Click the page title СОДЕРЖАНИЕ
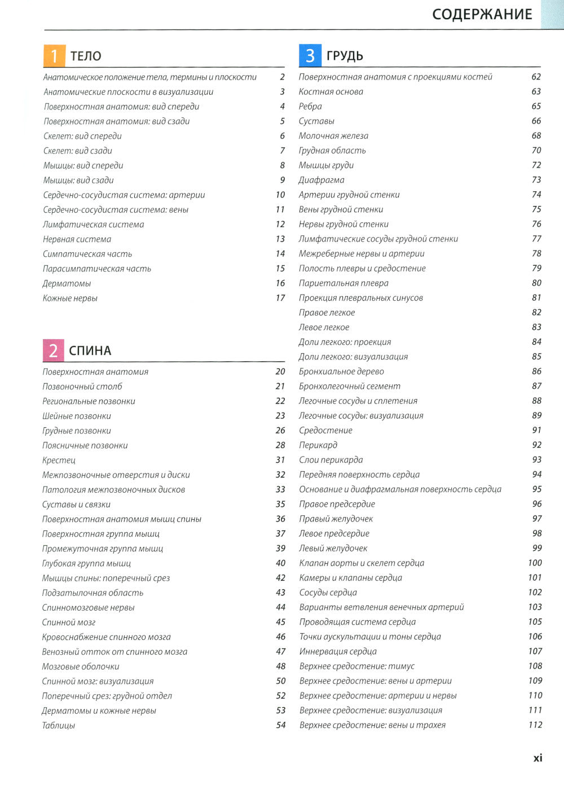482,14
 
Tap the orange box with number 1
54,55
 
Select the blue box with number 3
310,55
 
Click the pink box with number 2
53,350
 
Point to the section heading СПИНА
90,350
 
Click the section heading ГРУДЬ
345,56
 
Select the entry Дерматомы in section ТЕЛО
67,283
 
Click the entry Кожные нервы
70,298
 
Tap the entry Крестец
59,460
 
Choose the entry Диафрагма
321,180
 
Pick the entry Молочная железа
333,135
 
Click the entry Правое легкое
327,313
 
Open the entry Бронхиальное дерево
341,371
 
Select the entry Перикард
318,445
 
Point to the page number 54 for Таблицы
281,725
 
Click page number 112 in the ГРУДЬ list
535,725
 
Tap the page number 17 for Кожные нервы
280,298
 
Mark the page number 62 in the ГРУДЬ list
536,77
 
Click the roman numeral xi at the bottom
537,758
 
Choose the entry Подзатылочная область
92,593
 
